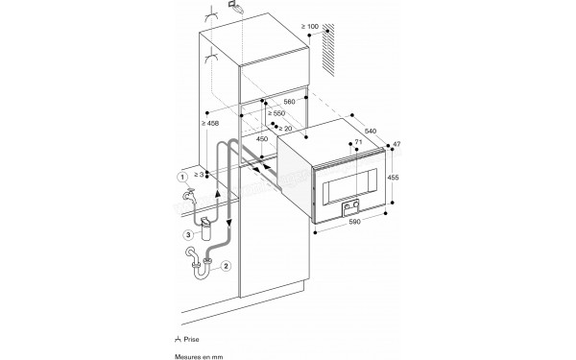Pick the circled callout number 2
tap(227, 266)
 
